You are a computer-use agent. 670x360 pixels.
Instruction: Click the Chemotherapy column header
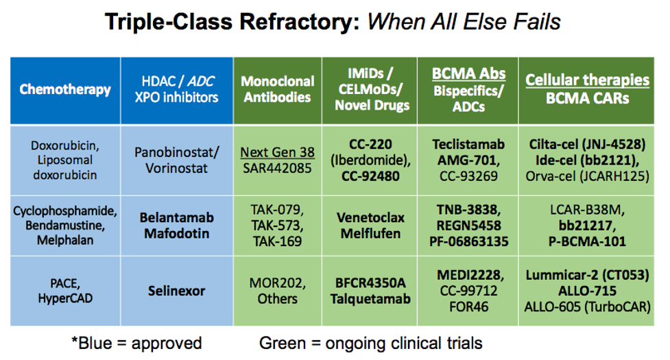[65, 90]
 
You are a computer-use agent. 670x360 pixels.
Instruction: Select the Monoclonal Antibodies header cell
[277, 89]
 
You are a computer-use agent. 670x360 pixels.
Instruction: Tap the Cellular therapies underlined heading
[587, 80]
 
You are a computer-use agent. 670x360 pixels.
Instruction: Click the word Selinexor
[176, 291]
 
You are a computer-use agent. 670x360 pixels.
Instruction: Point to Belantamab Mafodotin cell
[176, 226]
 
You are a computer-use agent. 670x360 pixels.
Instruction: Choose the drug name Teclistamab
[468, 144]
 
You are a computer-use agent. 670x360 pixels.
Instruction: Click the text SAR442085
[277, 168]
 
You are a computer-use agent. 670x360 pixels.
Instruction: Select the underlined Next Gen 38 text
[277, 152]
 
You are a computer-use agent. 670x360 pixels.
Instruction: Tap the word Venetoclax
[370, 218]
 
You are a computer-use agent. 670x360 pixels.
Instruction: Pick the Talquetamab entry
[370, 299]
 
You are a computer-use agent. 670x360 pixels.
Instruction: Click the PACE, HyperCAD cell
[65, 291]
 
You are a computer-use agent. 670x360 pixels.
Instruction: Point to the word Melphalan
[65, 241]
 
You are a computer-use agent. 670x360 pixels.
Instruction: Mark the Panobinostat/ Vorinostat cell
[176, 160]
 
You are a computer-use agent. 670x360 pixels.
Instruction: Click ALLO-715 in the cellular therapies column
[587, 291]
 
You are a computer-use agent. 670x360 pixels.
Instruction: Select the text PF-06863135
[469, 241]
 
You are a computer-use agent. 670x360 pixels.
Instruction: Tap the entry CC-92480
[370, 176]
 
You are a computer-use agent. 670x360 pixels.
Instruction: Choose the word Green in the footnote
[283, 343]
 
